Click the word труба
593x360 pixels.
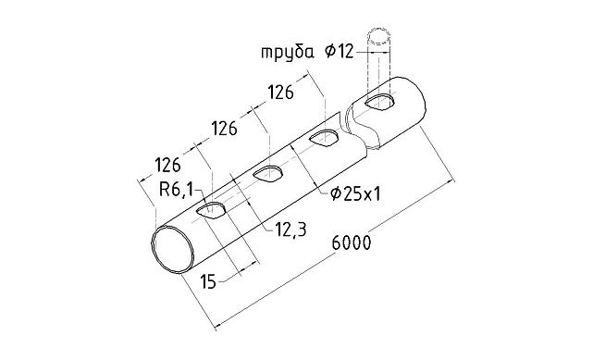coord(287,52)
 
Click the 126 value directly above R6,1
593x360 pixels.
coord(167,166)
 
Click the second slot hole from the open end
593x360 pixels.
coord(269,173)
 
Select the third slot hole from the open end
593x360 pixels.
coord(325,139)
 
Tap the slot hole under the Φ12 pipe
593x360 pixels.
coord(379,101)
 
